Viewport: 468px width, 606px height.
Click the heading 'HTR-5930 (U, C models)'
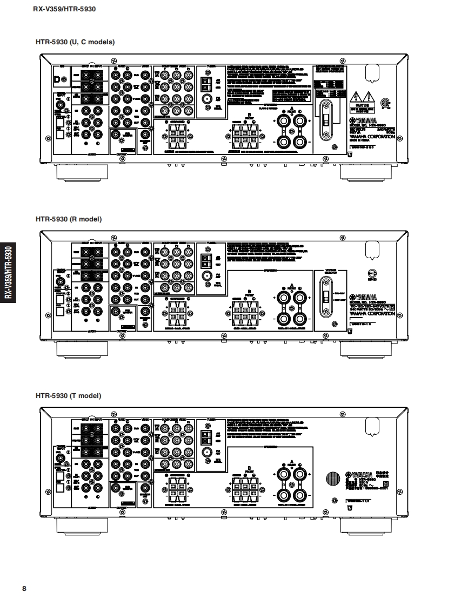tap(75, 42)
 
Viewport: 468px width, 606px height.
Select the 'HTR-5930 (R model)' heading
tap(69, 219)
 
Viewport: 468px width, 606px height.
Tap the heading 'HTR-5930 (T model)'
tap(68, 396)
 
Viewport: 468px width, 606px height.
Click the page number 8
tap(24, 588)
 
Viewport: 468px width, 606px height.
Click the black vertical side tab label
tap(8, 273)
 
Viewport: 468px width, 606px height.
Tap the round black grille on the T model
tap(332, 479)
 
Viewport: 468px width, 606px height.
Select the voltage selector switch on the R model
tap(326, 297)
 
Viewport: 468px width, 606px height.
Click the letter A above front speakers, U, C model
tap(291, 109)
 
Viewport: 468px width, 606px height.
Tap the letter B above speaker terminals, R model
tap(249, 292)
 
